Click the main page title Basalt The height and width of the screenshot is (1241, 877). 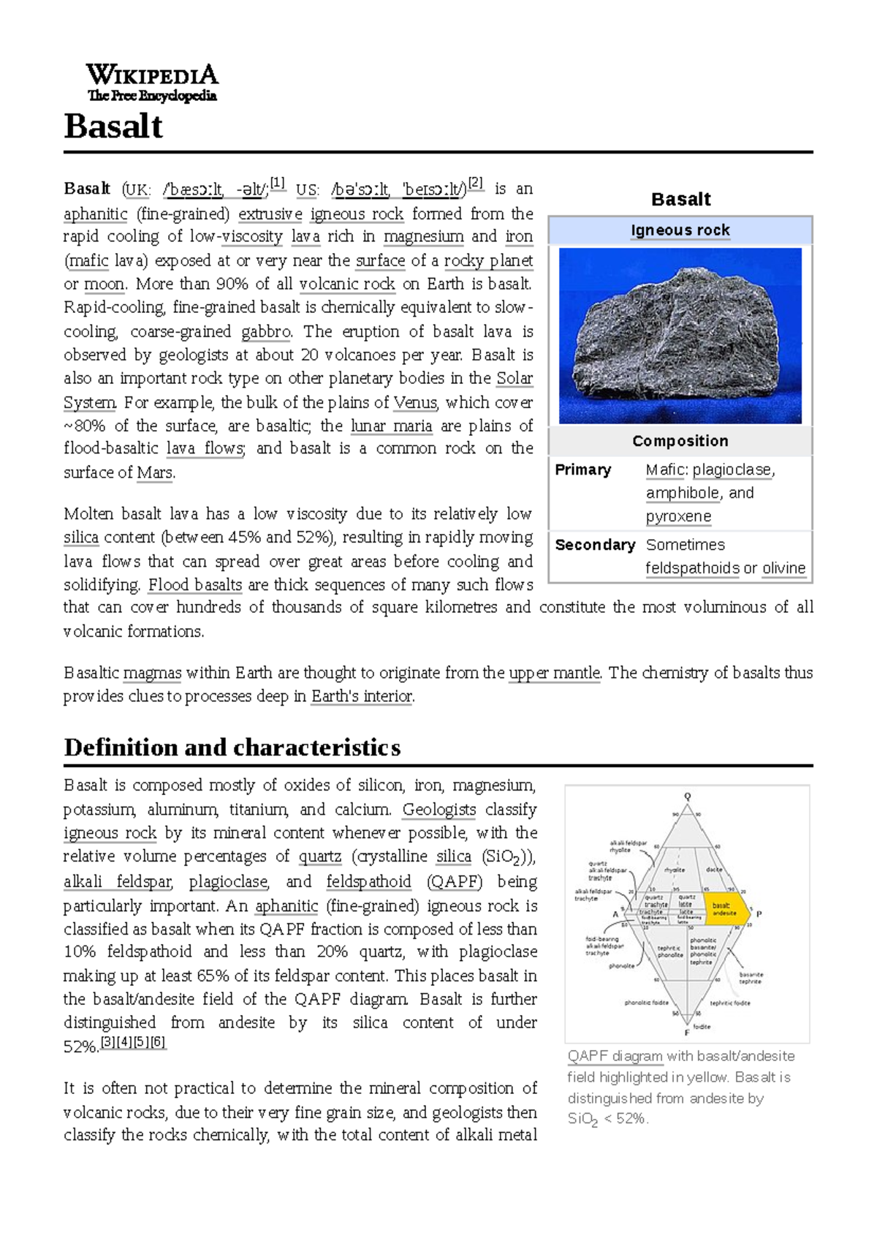(113, 127)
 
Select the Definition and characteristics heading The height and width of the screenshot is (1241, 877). (232, 747)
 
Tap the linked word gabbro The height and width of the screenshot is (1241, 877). (266, 331)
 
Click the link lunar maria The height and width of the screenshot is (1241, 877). (391, 426)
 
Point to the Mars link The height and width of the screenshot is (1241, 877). (156, 472)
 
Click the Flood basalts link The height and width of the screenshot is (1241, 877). (195, 585)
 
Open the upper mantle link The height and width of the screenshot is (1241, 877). (555, 673)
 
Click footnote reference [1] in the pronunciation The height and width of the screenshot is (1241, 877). (278, 183)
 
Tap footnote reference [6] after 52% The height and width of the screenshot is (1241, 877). (158, 1042)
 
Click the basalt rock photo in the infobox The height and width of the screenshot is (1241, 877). (680, 336)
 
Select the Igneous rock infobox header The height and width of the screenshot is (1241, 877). (680, 230)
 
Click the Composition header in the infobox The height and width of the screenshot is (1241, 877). (680, 441)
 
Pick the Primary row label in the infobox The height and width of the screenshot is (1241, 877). (582, 469)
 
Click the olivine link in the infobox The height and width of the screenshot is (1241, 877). (783, 568)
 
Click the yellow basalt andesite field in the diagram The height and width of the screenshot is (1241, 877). (727, 909)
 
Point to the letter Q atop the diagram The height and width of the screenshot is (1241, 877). (687, 796)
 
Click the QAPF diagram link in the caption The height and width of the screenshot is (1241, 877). (615, 1056)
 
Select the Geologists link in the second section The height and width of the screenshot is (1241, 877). (439, 810)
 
